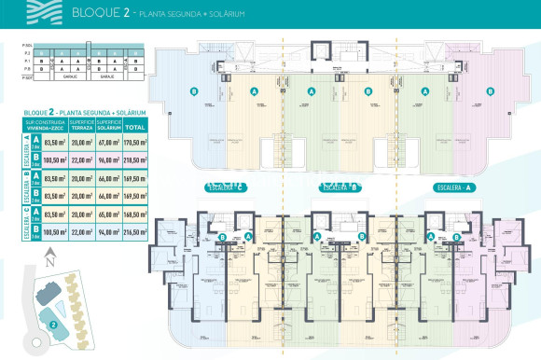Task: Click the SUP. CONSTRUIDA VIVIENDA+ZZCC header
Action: (46, 125)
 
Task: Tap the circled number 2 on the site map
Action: (54, 325)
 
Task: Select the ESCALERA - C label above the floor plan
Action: (225, 187)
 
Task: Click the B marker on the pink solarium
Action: (484, 91)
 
